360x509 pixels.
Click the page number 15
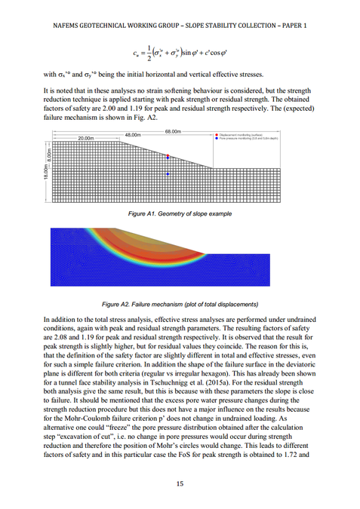pos(180,483)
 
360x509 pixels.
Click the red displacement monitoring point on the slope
pos(168,157)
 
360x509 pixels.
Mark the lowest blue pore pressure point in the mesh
pos(168,174)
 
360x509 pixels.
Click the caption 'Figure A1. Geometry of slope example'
pos(180,215)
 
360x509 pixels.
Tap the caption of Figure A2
pos(180,304)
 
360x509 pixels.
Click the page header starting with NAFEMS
pos(180,25)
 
